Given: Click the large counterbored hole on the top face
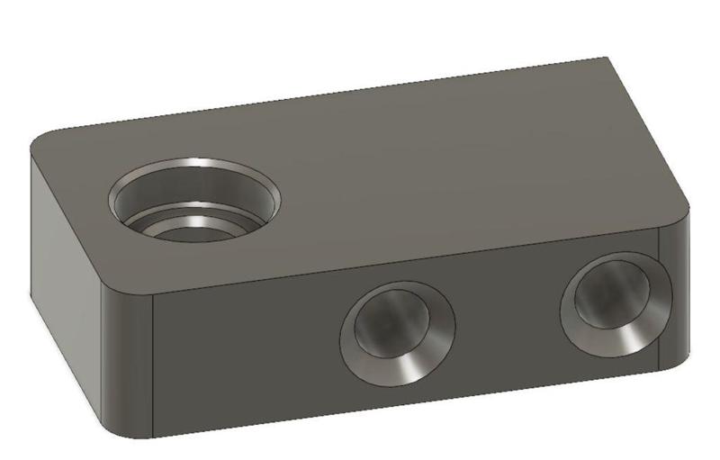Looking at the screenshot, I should pyautogui.click(x=194, y=201).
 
